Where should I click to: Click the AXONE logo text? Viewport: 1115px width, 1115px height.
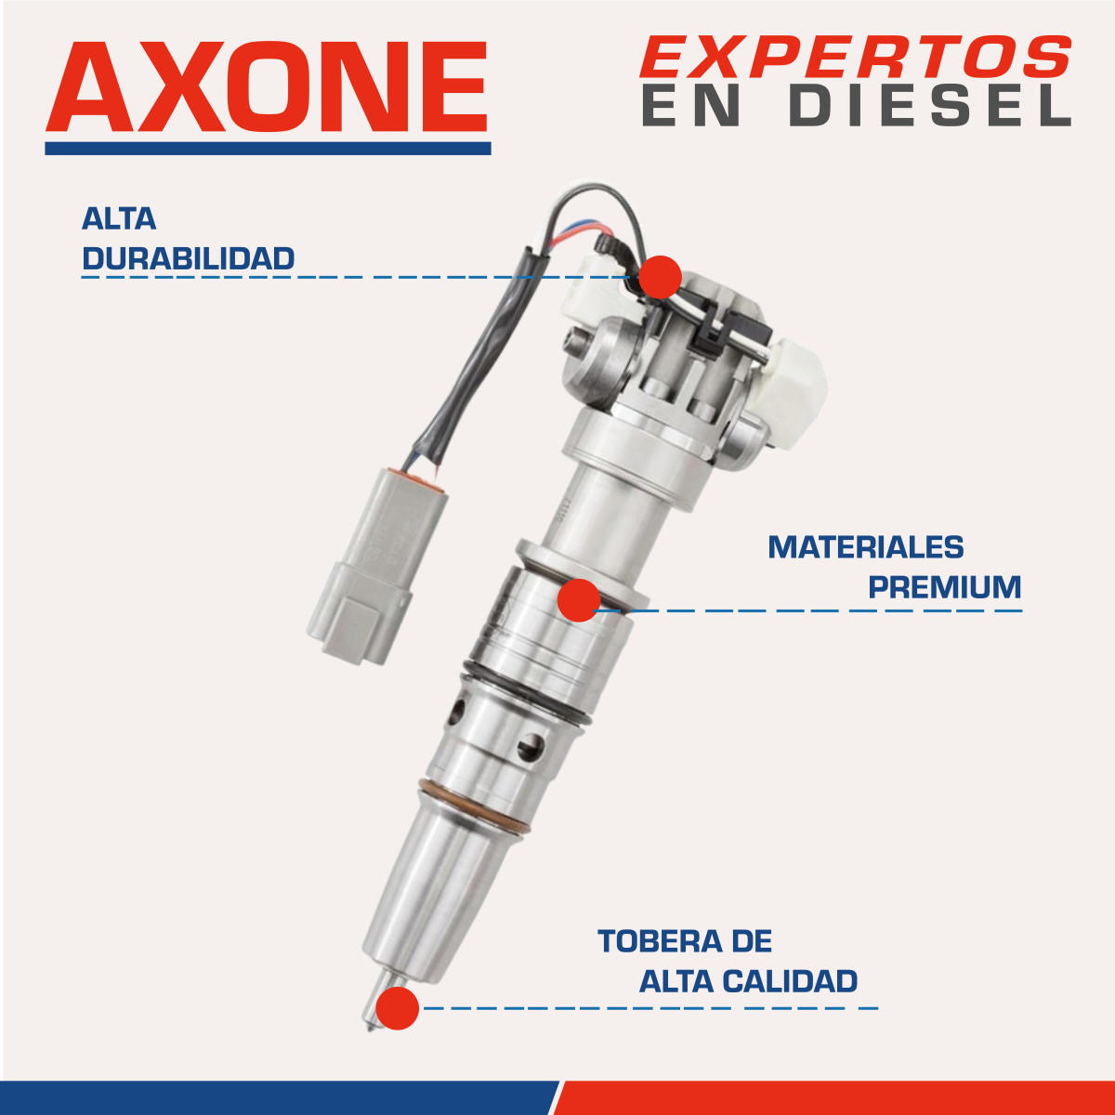coord(267,88)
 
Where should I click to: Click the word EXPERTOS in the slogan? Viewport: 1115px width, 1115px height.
coord(855,58)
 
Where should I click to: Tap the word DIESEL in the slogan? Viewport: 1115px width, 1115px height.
coord(930,106)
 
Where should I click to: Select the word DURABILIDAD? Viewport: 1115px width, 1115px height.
coord(189,258)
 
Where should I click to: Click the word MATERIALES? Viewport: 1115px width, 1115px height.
coord(865,547)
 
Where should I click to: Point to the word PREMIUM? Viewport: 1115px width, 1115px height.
coord(944,587)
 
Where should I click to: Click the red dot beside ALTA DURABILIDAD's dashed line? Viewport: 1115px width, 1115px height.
coord(661,277)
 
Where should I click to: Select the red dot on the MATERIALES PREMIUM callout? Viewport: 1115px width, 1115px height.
coord(579,600)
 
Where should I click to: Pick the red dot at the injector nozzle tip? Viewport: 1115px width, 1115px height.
coord(398,1008)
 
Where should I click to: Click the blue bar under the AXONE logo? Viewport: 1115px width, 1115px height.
coord(268,148)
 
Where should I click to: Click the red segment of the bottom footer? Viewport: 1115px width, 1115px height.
coord(836,1097)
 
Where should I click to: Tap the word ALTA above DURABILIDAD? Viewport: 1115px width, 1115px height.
coord(119,219)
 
